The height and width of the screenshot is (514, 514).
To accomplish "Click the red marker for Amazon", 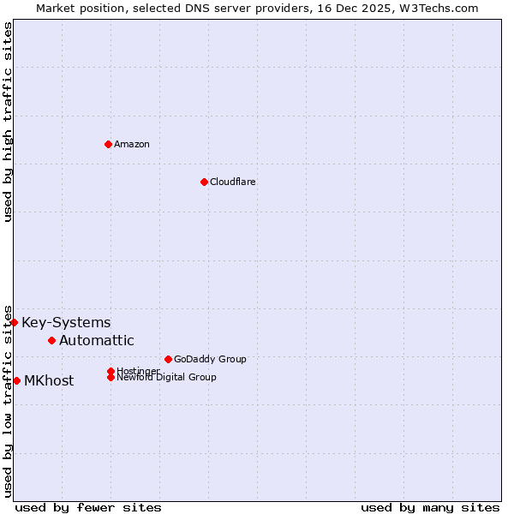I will [108, 144].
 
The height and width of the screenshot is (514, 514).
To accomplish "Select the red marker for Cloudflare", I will [204, 182].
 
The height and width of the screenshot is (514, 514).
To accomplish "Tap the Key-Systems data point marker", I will [15, 322].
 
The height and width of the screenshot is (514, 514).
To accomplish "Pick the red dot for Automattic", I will [51, 340].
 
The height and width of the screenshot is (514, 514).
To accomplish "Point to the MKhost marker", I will [16, 380].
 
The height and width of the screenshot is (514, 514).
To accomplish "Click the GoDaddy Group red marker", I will [168, 359].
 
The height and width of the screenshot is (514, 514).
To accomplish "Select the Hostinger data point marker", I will [111, 371].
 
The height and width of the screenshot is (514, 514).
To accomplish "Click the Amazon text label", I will [132, 144].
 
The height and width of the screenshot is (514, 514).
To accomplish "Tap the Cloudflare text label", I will [233, 182].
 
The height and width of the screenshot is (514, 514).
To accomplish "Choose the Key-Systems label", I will [66, 323].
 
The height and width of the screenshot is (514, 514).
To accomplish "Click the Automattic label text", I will [97, 341].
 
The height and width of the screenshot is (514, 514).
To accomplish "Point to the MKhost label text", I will [49, 381].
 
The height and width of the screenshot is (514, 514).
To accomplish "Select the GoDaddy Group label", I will [210, 359].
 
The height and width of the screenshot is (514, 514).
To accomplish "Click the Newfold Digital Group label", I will [167, 378].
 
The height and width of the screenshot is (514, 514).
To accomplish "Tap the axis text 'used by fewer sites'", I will [88, 507].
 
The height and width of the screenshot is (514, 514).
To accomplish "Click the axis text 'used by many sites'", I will [430, 507].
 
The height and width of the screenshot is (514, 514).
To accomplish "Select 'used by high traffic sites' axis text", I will [8, 122].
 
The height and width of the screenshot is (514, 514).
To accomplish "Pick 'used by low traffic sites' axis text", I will [8, 401].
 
